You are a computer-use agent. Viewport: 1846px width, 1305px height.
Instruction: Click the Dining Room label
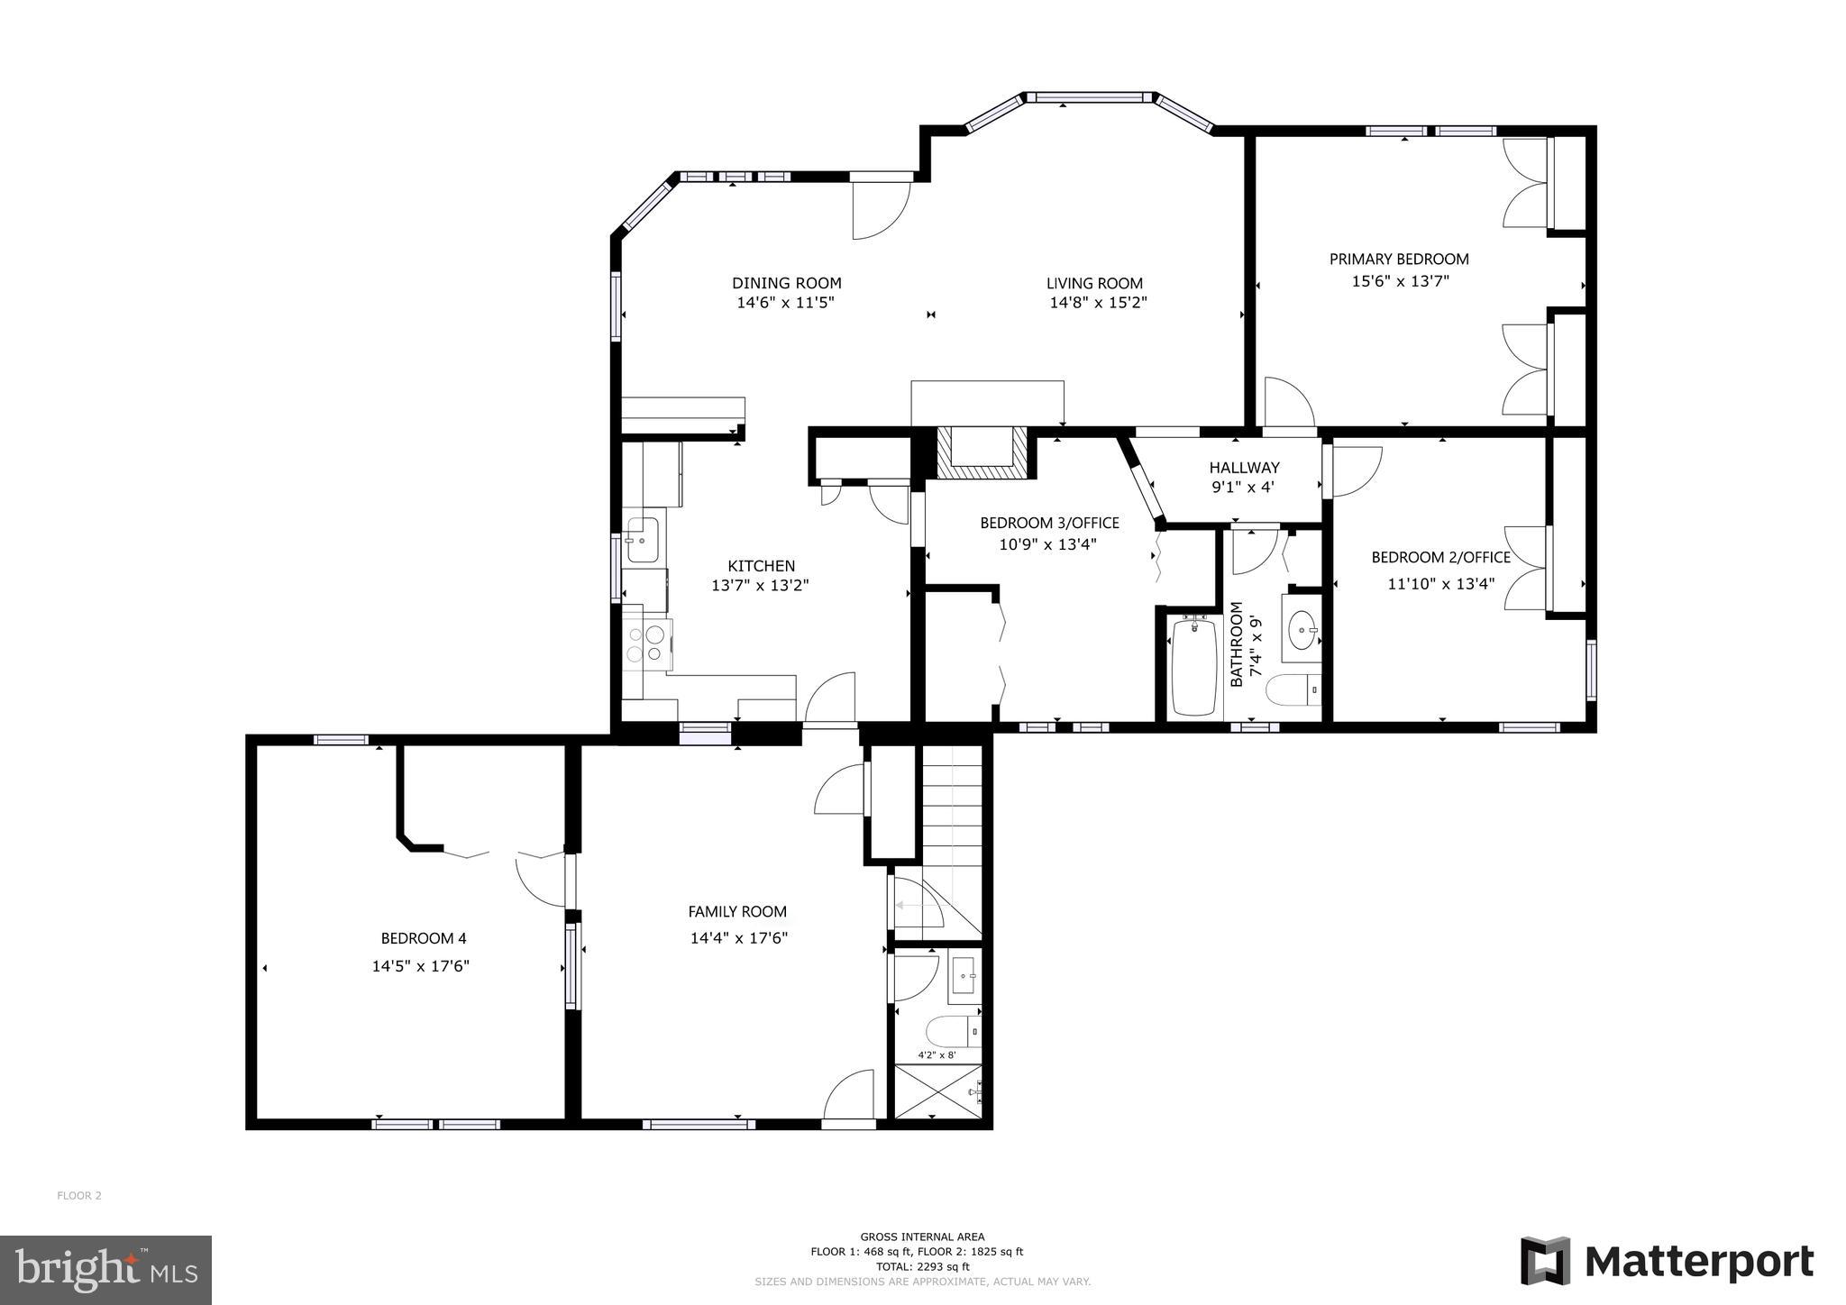click(x=786, y=283)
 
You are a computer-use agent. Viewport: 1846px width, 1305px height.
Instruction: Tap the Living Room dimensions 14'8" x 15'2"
click(x=1097, y=304)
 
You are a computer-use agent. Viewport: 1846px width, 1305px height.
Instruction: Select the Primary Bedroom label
click(x=1398, y=260)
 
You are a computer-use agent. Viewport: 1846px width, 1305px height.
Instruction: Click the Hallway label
click(x=1244, y=468)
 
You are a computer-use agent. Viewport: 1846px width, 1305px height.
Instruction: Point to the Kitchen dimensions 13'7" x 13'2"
click(x=760, y=586)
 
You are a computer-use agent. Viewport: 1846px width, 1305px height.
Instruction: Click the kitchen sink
click(x=642, y=539)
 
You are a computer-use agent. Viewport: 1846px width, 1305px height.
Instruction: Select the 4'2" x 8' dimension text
click(x=937, y=1054)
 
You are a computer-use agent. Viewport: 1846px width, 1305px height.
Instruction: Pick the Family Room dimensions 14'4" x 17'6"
click(x=739, y=938)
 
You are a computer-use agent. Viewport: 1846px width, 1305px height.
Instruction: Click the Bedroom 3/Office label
click(x=1049, y=523)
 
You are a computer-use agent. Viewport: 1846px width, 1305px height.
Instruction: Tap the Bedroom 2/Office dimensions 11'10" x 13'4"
click(x=1440, y=584)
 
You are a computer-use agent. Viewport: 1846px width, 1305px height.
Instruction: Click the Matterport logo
click(x=1667, y=1261)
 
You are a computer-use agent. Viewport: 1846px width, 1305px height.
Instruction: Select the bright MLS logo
click(x=105, y=1270)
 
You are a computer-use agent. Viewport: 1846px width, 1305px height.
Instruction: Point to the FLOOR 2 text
click(x=79, y=1196)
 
